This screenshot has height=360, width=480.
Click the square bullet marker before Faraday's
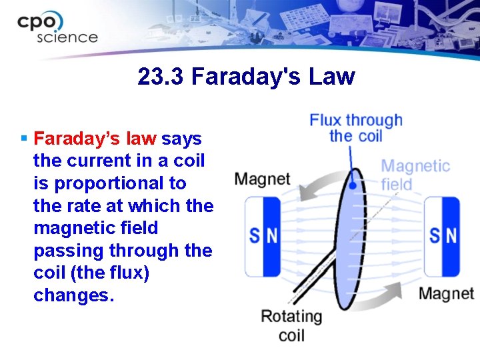point(23,139)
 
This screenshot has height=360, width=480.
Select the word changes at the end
point(73,295)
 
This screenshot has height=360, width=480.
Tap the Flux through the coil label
point(355,127)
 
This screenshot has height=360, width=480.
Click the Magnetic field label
point(415,175)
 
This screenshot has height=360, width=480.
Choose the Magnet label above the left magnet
point(262,179)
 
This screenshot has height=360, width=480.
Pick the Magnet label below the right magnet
point(446,293)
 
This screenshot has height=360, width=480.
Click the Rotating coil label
point(291,325)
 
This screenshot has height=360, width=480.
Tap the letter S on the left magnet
point(255,236)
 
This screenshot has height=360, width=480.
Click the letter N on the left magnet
point(271,236)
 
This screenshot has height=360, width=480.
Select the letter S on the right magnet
point(435,236)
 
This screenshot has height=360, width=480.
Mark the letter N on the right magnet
point(451,236)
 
